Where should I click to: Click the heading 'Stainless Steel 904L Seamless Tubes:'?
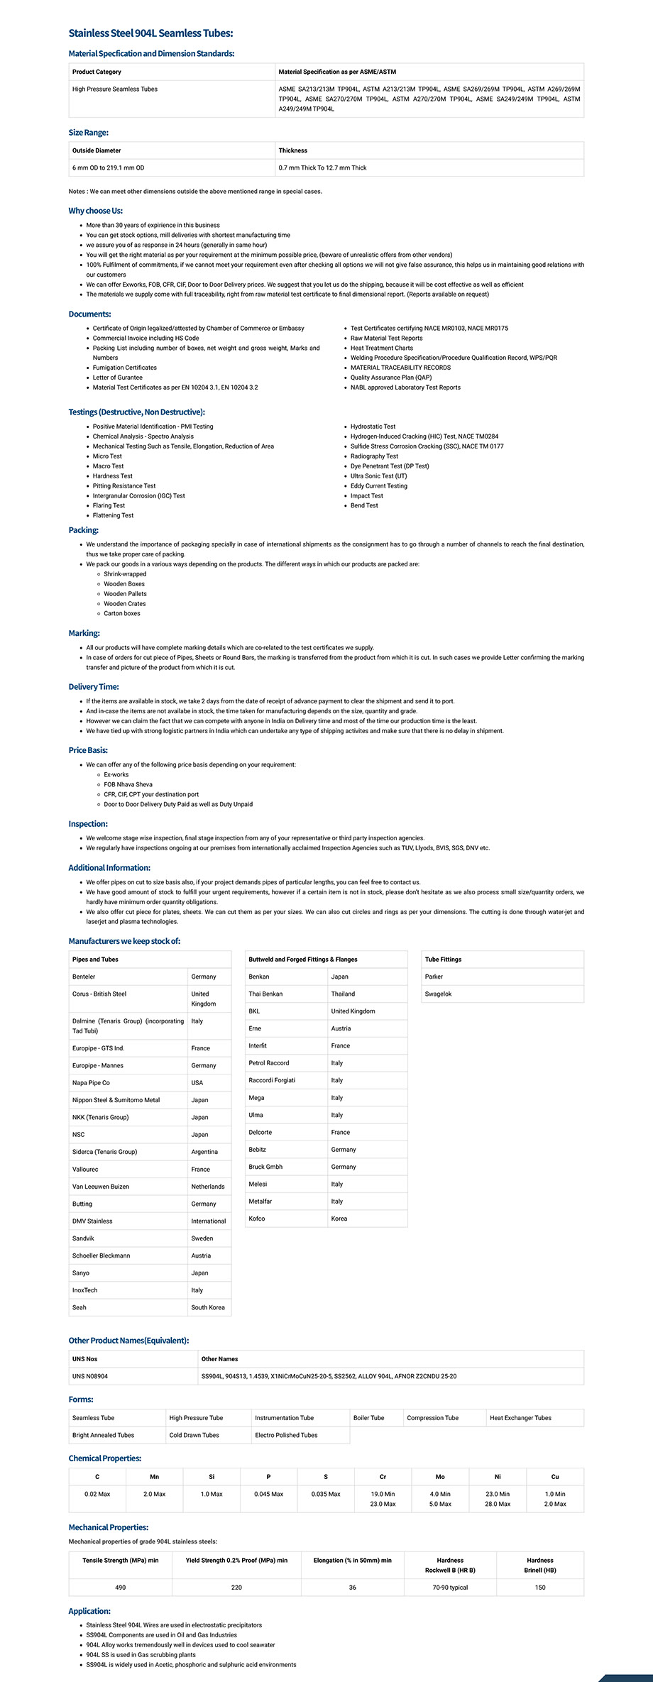click(150, 33)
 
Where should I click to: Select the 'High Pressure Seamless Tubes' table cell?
click(115, 89)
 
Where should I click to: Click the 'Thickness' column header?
click(293, 150)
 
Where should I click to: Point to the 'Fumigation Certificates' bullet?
click(125, 368)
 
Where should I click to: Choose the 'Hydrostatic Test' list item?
click(373, 427)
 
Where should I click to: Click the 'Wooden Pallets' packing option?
click(126, 594)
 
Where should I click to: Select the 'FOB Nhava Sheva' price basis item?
click(128, 785)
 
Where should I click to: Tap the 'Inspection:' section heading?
click(88, 824)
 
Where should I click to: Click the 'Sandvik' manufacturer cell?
click(83, 1238)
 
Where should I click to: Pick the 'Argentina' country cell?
click(204, 1152)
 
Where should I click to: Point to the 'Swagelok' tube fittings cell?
click(439, 994)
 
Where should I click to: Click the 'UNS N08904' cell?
click(90, 1376)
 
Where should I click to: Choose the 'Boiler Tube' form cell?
click(369, 1418)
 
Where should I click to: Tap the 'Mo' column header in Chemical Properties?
click(440, 1477)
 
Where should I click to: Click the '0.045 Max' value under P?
click(268, 1494)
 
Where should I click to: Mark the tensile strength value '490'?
click(121, 1588)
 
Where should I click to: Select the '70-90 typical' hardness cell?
click(450, 1588)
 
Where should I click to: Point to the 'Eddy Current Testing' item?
click(379, 486)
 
